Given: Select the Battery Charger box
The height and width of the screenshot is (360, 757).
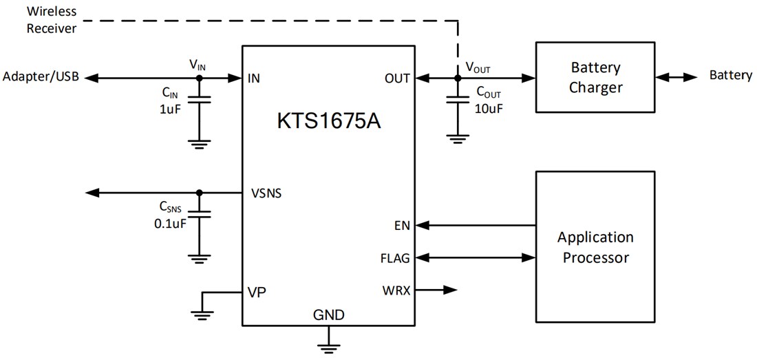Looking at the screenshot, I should pos(596,77).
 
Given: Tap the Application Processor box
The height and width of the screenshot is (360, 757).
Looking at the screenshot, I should pos(595,247).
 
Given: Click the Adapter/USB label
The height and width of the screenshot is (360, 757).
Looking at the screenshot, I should pos(41,77).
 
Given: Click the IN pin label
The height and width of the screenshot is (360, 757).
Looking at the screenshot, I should pos(253,78).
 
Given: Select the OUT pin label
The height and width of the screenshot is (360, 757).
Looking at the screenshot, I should pos(397,78).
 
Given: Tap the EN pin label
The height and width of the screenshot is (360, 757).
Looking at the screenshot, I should pos(402,225).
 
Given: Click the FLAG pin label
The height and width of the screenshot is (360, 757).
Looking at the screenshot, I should pos(394,258).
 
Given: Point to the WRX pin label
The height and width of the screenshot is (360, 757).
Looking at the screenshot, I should pos(396,290).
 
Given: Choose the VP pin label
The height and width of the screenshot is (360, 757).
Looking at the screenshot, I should pos(257,292).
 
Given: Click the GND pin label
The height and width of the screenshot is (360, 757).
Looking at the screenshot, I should pos(328,315).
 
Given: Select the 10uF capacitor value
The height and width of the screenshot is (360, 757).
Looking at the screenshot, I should pos(489,108).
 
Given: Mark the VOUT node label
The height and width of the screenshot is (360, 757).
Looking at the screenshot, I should pos(478,67).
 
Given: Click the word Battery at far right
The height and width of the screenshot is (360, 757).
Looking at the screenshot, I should pos(730,75).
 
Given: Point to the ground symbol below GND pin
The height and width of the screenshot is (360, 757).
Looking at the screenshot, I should pos(328,342).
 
